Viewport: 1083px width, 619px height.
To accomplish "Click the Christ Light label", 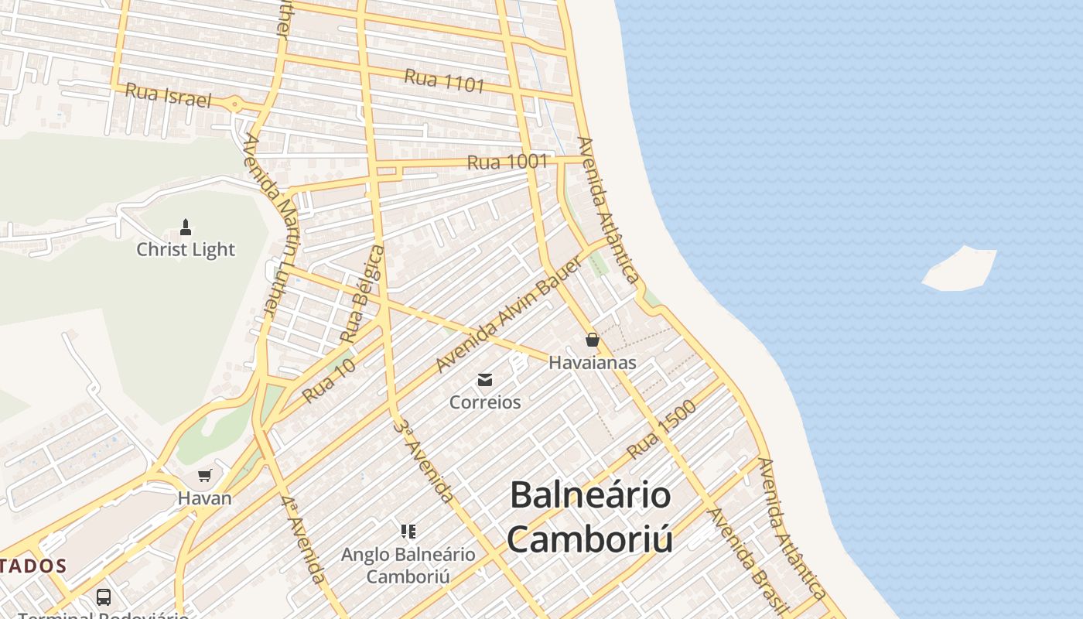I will (186, 250).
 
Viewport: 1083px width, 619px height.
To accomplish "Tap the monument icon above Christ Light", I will (185, 227).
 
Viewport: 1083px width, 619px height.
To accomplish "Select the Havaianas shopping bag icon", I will (593, 340).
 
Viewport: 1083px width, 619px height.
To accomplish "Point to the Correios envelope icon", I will (485, 379).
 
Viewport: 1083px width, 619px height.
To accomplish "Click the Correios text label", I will (485, 402).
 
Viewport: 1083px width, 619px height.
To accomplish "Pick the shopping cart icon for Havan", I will (204, 476).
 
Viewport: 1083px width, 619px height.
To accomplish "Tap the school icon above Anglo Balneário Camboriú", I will (408, 532).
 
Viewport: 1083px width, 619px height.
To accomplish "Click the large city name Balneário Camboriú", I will (589, 517).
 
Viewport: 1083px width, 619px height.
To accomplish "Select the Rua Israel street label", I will (168, 95).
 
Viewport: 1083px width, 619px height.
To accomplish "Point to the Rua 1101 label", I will (444, 80).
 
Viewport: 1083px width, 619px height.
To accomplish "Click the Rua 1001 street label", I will (507, 162).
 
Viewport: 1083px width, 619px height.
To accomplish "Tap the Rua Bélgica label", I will (362, 294).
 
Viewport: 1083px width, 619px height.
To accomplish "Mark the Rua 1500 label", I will (661, 430).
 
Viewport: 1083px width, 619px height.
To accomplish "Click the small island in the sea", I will (959, 269).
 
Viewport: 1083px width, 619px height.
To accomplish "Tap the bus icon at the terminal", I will (104, 597).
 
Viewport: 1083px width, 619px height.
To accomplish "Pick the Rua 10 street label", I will (329, 381).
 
